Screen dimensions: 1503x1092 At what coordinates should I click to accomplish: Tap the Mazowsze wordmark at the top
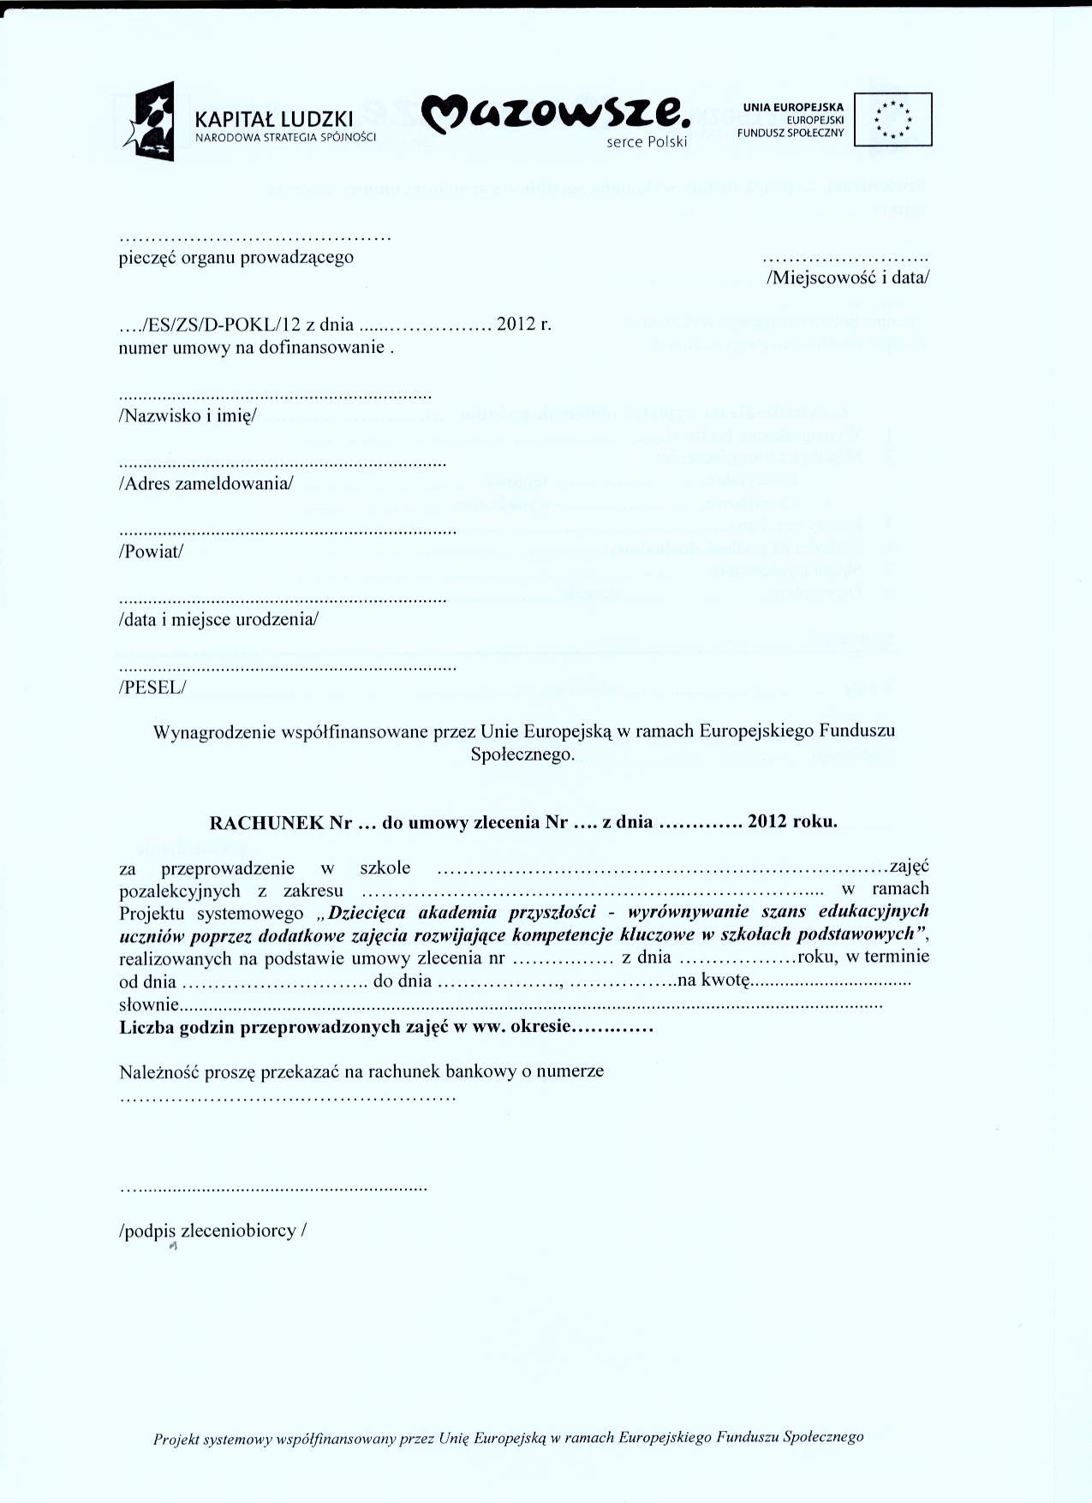coord(557,114)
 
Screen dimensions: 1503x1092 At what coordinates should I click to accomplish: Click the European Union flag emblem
coord(893,120)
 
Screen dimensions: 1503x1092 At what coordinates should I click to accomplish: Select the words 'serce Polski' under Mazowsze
coord(647,142)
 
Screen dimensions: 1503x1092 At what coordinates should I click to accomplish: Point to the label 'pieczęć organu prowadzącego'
coord(236,257)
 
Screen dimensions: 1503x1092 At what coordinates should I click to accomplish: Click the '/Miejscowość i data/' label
coord(848,277)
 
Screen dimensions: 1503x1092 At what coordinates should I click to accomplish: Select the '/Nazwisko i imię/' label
coord(188,416)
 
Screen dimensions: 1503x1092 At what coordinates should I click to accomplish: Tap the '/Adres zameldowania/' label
coord(206,483)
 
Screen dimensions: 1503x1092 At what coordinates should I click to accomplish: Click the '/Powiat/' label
coord(151,552)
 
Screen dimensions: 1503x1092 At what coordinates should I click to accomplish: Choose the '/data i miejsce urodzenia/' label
coord(218,619)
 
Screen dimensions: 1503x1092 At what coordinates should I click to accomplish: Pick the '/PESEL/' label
coord(152,687)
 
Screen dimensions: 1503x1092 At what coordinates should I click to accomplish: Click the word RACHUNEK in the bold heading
coord(267,823)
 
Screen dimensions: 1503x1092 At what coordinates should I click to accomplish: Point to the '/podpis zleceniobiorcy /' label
coord(212,1231)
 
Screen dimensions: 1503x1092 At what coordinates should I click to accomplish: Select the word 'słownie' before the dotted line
coord(149,1004)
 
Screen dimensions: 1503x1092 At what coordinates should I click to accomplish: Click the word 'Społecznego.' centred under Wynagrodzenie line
coord(522,754)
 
